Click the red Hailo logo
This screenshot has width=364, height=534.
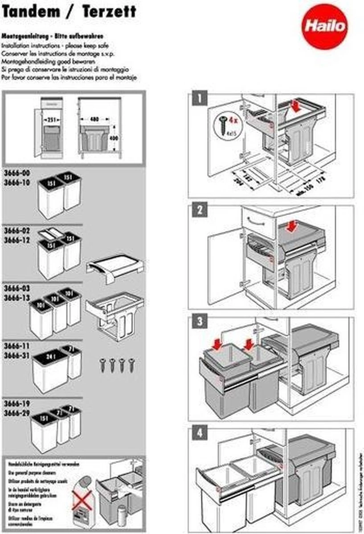coord(326,26)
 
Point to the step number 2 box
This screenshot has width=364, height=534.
coord(199,210)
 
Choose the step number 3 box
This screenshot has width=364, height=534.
coord(199,321)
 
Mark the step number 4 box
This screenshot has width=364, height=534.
coord(199,433)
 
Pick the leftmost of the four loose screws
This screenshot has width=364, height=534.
coord(103,364)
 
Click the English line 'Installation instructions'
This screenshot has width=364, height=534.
coord(56,46)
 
